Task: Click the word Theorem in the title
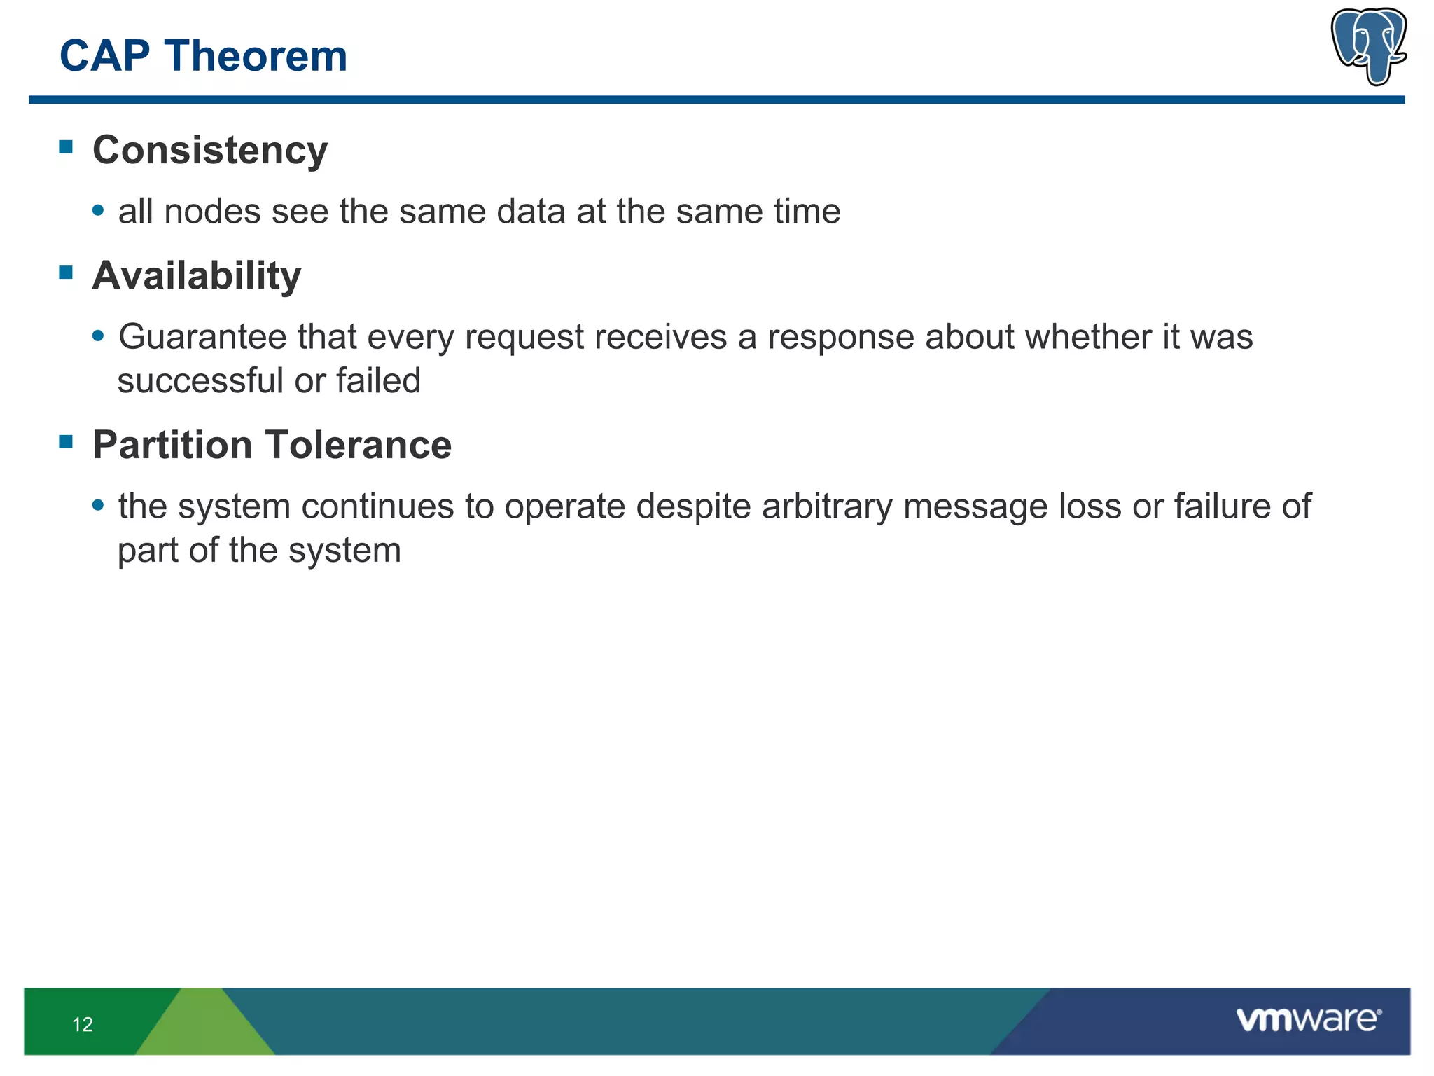[x=256, y=56]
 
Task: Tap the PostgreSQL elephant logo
[x=1369, y=46]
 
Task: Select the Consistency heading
[x=210, y=151]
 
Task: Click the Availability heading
[x=197, y=276]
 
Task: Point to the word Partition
[x=172, y=446]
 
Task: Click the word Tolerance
[x=358, y=446]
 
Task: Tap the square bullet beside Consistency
[x=67, y=146]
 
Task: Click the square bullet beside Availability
[x=67, y=273]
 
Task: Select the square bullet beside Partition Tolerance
[x=67, y=441]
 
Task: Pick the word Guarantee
[x=202, y=338]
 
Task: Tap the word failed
[x=378, y=382]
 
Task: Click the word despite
[x=693, y=507]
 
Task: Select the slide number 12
[x=83, y=1025]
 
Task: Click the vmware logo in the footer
[x=1308, y=1019]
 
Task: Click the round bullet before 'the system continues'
[x=99, y=504]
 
